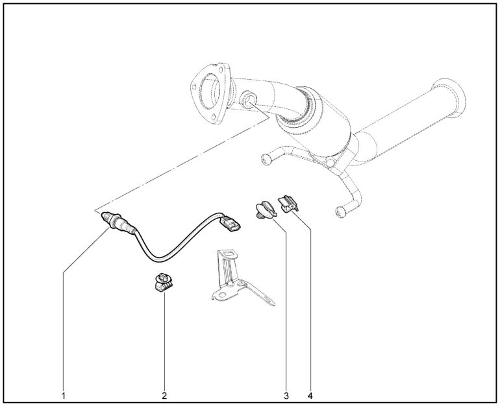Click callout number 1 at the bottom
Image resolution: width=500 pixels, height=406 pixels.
pyautogui.click(x=64, y=396)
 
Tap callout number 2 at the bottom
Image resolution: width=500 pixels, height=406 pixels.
pyautogui.click(x=164, y=396)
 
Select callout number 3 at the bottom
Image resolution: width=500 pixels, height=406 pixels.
pyautogui.click(x=286, y=396)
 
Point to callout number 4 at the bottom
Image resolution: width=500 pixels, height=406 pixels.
pyautogui.click(x=310, y=396)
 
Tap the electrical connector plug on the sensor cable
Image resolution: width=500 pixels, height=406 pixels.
pyautogui.click(x=231, y=224)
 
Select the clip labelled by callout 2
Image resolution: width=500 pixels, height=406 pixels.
pyautogui.click(x=163, y=282)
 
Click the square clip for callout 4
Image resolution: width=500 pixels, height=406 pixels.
pyautogui.click(x=288, y=204)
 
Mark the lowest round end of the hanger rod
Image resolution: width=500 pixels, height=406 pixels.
pyautogui.click(x=341, y=211)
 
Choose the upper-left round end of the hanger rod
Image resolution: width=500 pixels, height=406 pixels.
pyautogui.click(x=266, y=159)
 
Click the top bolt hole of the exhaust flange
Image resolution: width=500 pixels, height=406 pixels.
pyautogui.click(x=220, y=70)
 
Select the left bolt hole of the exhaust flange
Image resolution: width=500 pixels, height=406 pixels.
pyautogui.click(x=194, y=86)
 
